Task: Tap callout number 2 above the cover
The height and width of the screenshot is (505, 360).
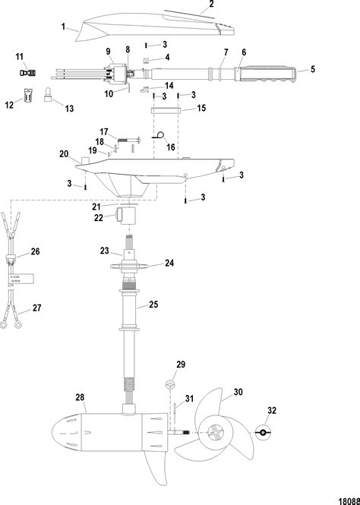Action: pos(211,5)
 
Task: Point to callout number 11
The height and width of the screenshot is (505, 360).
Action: pos(20,56)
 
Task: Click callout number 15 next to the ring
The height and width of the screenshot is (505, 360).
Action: pos(201,109)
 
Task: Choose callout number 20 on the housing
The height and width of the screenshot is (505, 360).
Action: pos(65,153)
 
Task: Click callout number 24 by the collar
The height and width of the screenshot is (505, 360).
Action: pos(169,264)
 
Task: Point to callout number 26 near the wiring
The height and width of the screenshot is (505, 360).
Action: pos(34,251)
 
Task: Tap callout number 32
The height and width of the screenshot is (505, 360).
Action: pos(271,412)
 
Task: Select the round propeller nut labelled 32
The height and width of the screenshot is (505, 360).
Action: pos(261,433)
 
